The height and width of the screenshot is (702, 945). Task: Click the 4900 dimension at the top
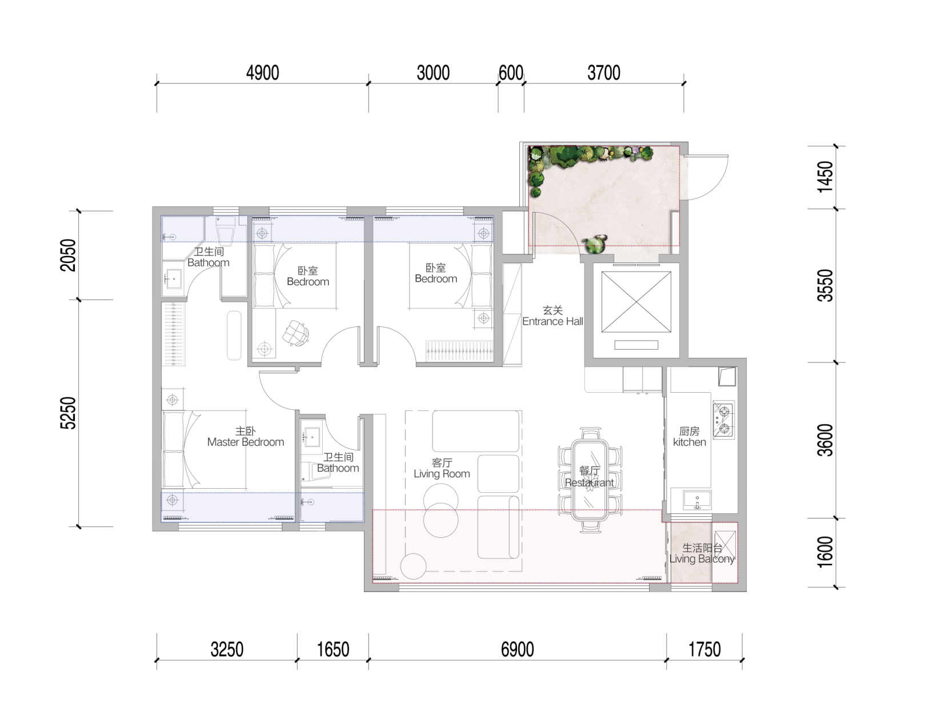tap(262, 73)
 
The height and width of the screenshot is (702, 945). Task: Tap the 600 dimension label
tap(511, 73)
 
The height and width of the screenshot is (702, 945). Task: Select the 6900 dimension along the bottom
tap(517, 649)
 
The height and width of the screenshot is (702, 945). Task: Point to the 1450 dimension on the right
tap(825, 177)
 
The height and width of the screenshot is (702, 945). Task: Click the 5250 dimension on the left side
tap(68, 413)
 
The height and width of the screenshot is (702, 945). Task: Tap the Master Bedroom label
tap(246, 442)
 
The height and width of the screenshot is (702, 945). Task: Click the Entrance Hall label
tap(552, 321)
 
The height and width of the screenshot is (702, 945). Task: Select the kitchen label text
tap(690, 442)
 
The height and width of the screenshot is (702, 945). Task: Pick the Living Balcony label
tap(702, 559)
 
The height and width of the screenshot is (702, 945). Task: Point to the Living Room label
tap(442, 473)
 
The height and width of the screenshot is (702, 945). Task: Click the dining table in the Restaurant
tap(590, 480)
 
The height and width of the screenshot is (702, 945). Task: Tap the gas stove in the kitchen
tap(723, 420)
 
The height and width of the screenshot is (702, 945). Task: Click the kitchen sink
tap(697, 500)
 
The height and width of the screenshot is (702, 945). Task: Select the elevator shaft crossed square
tap(636, 301)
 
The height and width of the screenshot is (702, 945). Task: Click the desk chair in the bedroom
tap(295, 333)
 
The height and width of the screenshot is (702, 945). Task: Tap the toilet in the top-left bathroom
tap(225, 231)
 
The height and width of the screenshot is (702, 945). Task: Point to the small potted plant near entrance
tap(594, 245)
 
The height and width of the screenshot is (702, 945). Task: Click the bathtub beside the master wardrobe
tap(234, 335)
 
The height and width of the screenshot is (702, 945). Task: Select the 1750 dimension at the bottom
tap(704, 649)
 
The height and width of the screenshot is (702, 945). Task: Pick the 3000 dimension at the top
tap(433, 73)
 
